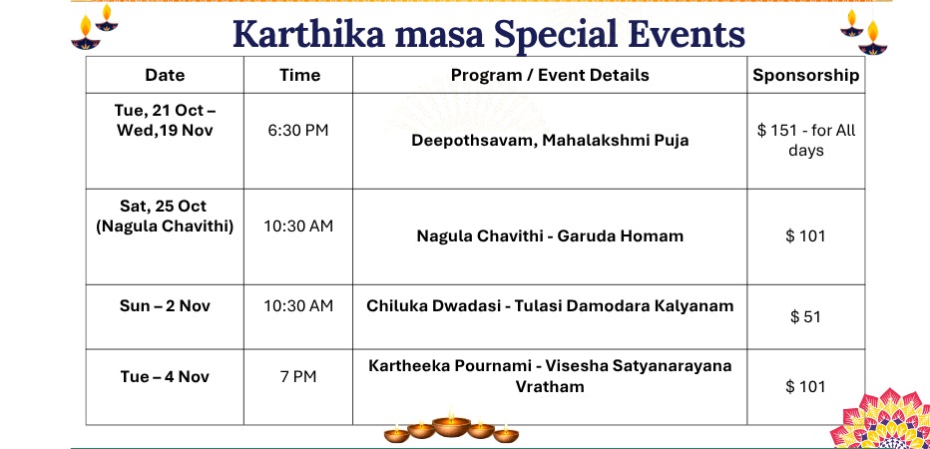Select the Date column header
165,75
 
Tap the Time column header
299,75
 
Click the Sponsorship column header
805,75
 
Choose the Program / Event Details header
550,75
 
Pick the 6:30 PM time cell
297,131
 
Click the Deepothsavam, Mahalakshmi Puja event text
550,141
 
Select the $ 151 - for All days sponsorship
806,140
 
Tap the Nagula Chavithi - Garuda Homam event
550,236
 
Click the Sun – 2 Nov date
165,306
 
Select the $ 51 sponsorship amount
805,316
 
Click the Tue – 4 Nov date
165,376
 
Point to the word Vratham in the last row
550,387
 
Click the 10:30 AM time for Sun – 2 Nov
298,306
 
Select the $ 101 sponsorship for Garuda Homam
805,236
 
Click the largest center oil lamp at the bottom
451,425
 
